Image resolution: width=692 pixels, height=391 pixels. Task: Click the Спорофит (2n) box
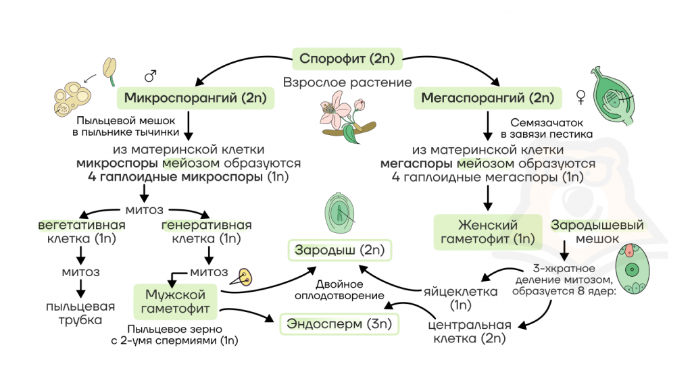347,59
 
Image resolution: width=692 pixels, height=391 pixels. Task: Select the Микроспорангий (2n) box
195,98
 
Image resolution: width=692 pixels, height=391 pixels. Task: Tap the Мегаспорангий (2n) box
488,98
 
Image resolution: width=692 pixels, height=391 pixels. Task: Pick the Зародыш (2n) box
339,251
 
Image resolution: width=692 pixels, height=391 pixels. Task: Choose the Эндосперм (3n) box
339,324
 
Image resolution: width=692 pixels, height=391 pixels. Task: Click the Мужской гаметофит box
175,301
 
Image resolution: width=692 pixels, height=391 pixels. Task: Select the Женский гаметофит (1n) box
488,232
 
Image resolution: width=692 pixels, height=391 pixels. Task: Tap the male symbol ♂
151,76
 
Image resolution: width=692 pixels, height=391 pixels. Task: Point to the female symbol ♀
580,97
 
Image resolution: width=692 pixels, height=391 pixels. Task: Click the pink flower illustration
347,116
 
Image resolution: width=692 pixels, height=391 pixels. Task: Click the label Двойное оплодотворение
339,290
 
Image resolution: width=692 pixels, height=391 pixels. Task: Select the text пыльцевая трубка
80,313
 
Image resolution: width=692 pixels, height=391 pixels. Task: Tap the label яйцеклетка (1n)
460,298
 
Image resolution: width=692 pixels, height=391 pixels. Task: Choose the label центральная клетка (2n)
470,332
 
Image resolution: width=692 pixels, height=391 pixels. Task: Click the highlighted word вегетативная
82,226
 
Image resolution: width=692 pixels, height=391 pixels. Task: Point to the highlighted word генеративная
207,226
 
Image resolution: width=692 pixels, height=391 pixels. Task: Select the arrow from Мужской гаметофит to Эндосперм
247,313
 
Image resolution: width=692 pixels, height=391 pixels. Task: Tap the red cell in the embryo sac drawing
629,251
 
